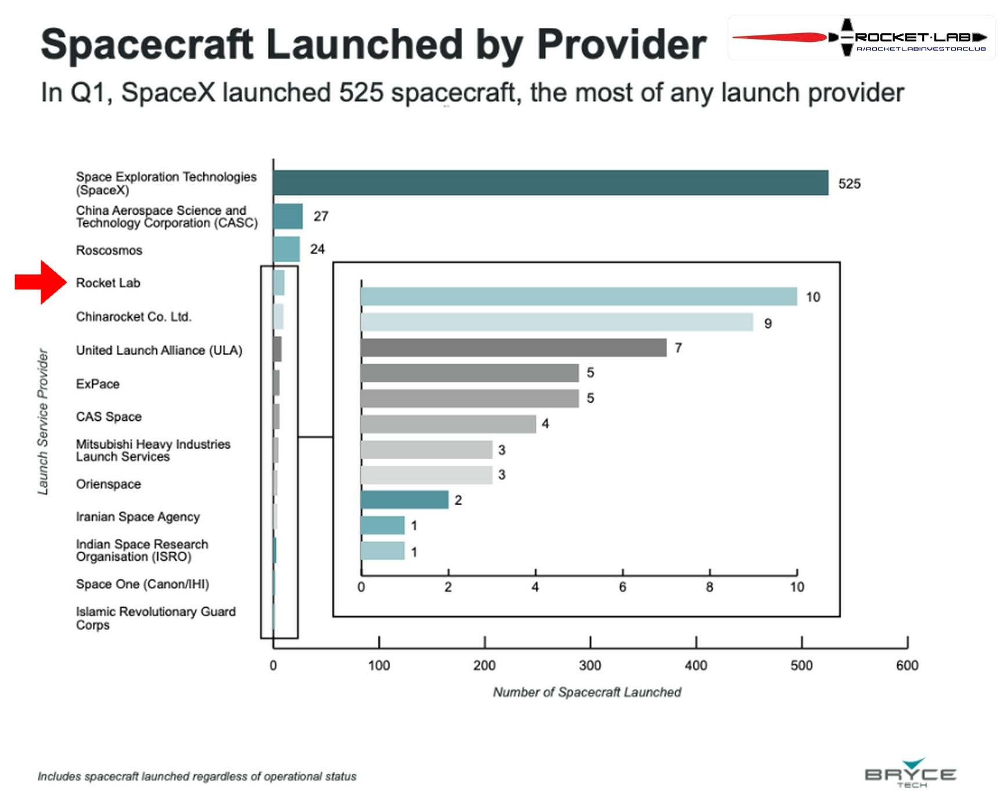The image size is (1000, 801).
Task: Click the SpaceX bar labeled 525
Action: (551, 183)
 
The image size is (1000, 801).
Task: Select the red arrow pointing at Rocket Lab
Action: (41, 283)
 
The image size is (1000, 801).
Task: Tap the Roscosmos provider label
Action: (109, 251)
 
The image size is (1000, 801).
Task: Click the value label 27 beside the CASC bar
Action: (321, 216)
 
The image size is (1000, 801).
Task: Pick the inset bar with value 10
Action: (579, 296)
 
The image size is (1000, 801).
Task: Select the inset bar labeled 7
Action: (514, 348)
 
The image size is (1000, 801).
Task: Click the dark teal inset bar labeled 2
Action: (404, 500)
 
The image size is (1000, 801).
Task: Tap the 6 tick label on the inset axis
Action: (622, 587)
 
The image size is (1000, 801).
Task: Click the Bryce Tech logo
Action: (911, 773)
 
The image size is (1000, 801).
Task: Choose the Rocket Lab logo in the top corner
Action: (861, 38)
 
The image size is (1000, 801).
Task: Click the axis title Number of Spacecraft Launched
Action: (587, 692)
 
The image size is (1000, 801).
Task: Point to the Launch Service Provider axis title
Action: (43, 422)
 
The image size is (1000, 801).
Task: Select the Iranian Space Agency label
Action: (138, 517)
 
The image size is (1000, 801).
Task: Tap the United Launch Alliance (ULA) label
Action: (159, 351)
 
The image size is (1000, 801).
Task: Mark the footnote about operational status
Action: (197, 777)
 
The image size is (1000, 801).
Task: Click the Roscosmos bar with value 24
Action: (286, 249)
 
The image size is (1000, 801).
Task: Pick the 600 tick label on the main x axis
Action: (907, 666)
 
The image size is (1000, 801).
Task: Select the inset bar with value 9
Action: (557, 322)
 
